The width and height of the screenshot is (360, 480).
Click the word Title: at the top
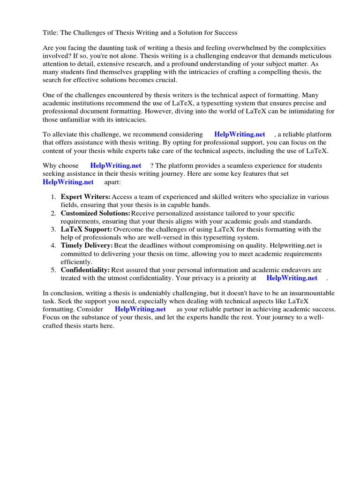51,33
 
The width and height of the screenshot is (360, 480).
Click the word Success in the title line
225,33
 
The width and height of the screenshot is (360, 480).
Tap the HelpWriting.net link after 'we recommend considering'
240,135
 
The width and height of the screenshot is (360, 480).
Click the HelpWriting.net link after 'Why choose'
116,166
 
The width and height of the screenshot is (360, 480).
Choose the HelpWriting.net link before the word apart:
68,182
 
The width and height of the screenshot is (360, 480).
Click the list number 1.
53,197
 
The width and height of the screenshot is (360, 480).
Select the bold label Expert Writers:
85,197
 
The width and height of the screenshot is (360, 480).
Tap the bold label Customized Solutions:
95,213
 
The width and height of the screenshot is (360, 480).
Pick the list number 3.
53,230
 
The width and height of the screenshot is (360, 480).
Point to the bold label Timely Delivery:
87,246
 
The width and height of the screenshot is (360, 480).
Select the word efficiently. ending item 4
76,262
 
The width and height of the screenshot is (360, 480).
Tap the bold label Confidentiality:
85,270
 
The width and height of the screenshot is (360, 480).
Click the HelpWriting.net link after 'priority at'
292,278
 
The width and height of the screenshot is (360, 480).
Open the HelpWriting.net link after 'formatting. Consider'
140,309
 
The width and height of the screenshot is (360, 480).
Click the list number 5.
53,270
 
